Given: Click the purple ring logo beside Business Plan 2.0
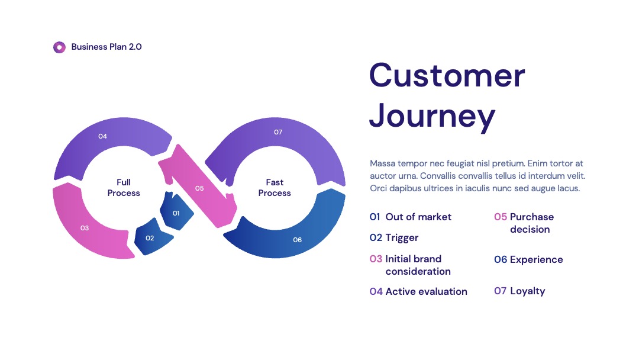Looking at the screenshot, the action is click(x=59, y=47).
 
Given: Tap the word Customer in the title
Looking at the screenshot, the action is click(x=447, y=75).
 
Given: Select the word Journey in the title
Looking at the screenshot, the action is click(x=432, y=117).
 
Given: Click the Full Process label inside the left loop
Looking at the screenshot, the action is click(x=124, y=188).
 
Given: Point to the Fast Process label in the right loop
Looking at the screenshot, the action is click(x=275, y=188).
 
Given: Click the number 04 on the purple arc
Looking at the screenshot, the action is click(x=102, y=136).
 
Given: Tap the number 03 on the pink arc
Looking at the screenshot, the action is click(x=85, y=228).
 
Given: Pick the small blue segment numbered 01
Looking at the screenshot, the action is click(x=176, y=211).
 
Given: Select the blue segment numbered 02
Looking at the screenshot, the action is click(x=153, y=237).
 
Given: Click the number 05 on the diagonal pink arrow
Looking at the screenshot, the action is click(x=199, y=188).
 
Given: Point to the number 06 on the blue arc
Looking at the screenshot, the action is click(x=298, y=240).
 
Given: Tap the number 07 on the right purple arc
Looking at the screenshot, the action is click(x=278, y=132).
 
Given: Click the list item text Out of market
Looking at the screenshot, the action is click(x=418, y=217).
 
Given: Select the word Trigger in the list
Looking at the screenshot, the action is click(x=402, y=238).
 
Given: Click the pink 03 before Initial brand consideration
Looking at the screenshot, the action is click(x=376, y=259).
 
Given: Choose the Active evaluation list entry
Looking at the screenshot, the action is click(x=418, y=291).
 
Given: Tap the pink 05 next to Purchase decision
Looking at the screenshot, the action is click(x=501, y=217).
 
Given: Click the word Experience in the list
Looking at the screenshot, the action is click(x=536, y=260).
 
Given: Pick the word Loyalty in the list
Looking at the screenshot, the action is click(x=527, y=291).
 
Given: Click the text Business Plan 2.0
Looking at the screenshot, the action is click(x=106, y=47).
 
